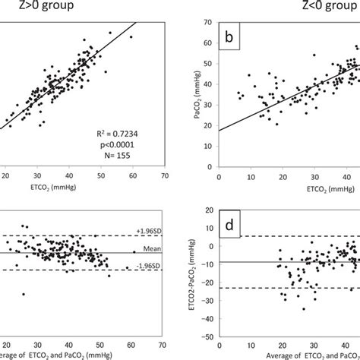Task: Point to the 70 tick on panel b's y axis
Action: pyautogui.click(x=208, y=24)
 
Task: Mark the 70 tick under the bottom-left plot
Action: pyautogui.click(x=164, y=352)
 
